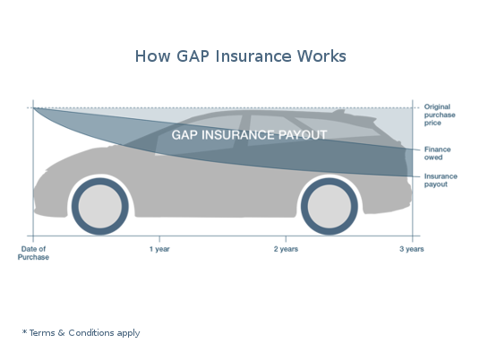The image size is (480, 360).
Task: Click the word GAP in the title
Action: (x=193, y=56)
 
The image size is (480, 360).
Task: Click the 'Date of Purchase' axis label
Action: (x=33, y=253)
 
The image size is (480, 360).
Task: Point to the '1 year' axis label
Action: (x=159, y=249)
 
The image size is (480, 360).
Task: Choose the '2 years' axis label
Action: (x=286, y=249)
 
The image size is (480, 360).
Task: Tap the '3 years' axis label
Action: (x=412, y=249)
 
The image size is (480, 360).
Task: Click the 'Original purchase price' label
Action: (x=440, y=115)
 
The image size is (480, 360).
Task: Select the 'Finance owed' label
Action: (x=437, y=153)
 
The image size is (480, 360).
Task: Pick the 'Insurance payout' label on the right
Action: (x=441, y=180)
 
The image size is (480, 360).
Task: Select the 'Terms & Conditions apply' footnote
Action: (x=84, y=333)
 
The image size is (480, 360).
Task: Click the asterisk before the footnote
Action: (x=24, y=331)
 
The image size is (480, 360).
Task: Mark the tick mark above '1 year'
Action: (x=159, y=239)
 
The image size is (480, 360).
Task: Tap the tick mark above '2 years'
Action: (x=286, y=239)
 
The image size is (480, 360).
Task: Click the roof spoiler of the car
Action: (x=339, y=111)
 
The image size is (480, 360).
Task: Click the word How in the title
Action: (x=152, y=56)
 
